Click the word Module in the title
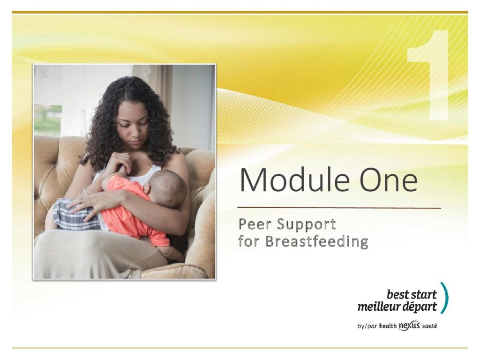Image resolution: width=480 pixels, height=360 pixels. point(294,180)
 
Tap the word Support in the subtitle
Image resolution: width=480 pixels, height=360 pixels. point(306,225)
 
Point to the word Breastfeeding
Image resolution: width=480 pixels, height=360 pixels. point(317,241)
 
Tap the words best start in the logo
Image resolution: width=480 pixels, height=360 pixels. point(412,294)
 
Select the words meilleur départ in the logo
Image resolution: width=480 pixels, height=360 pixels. point(397,307)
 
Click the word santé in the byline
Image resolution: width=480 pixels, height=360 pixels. point(429,326)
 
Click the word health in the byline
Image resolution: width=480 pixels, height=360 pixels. point(388,326)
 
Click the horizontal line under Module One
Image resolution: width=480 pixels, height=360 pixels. point(339,208)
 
